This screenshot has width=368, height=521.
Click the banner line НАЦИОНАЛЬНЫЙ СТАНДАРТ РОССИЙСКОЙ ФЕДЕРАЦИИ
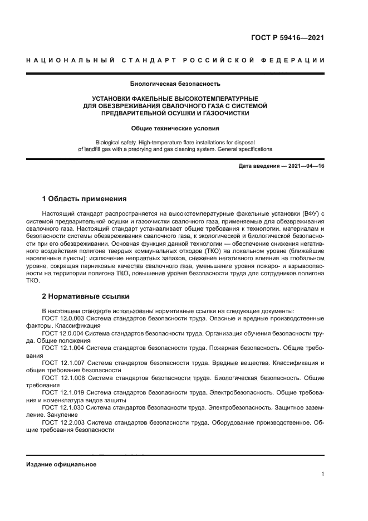point(175,60)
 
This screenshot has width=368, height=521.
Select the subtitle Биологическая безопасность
point(175,85)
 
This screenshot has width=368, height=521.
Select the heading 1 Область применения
point(85,198)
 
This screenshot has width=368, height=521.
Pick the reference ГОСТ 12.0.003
point(63,318)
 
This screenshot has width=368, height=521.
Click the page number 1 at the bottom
point(322,474)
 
